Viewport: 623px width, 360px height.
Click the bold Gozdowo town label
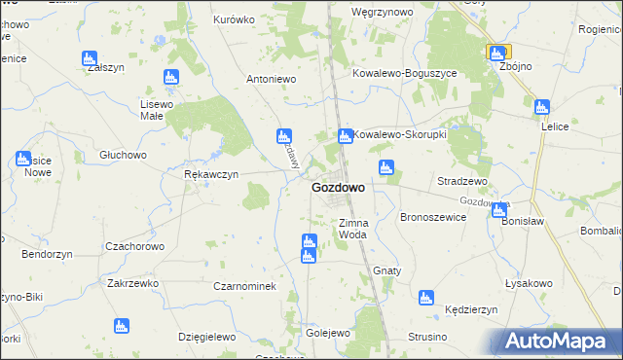click(x=338, y=188)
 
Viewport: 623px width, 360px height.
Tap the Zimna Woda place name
click(x=352, y=229)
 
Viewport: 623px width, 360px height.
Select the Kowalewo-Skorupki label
click(x=399, y=135)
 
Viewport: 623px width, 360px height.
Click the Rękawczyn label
click(x=211, y=175)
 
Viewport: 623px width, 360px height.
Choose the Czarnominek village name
click(x=245, y=286)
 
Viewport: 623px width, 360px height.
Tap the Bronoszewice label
click(x=433, y=218)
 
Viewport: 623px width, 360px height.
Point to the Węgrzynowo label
click(x=383, y=12)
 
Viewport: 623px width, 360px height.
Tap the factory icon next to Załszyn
click(x=91, y=57)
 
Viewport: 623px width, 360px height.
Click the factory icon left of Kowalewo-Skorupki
click(x=344, y=135)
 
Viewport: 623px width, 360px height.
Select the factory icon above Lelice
click(x=541, y=107)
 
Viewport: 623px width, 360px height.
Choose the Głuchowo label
click(x=123, y=155)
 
